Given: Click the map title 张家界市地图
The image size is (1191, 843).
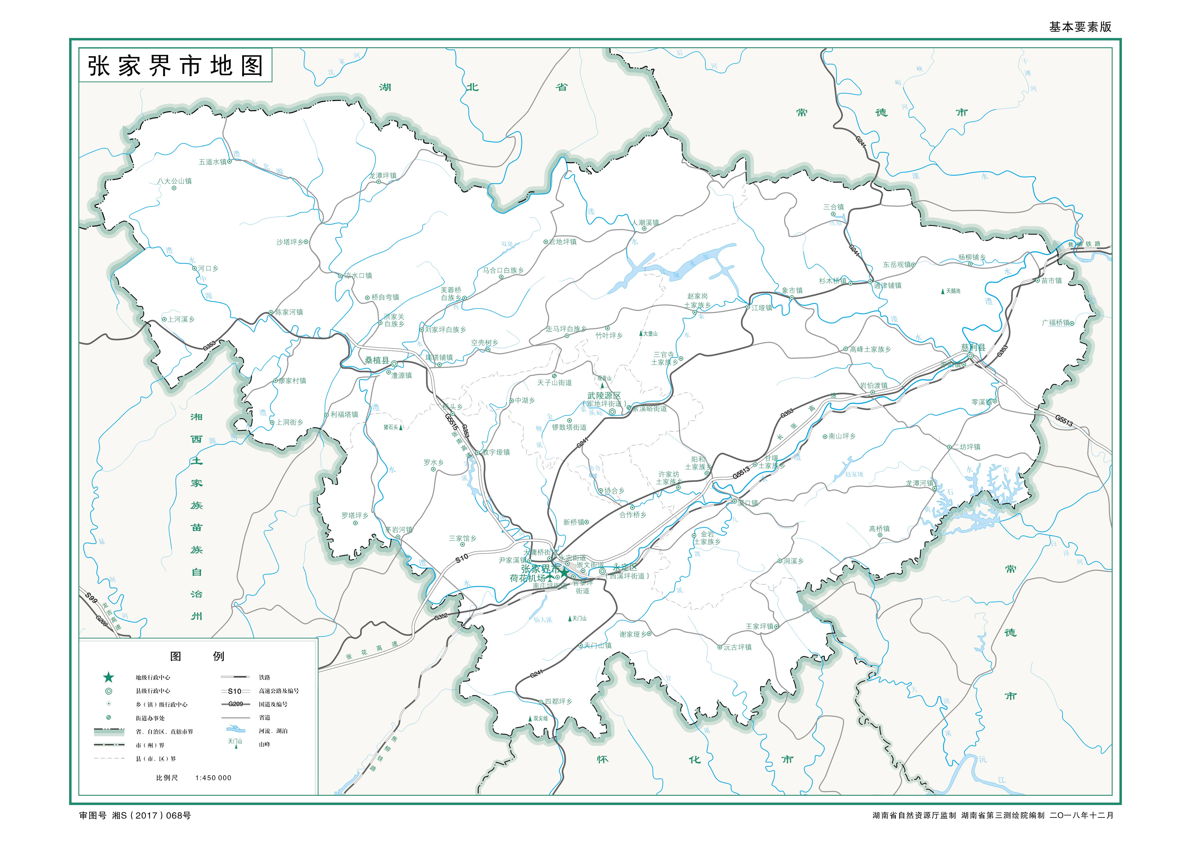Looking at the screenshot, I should pos(175,66).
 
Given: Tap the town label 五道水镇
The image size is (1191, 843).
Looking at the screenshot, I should pos(213,162).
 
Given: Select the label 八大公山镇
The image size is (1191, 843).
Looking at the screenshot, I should pos(175,181).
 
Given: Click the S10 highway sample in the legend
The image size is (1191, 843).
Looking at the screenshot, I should pos(235,691).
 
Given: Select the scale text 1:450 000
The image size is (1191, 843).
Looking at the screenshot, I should pos(213,778).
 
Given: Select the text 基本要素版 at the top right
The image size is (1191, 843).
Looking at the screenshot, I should pos(1080,27).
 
